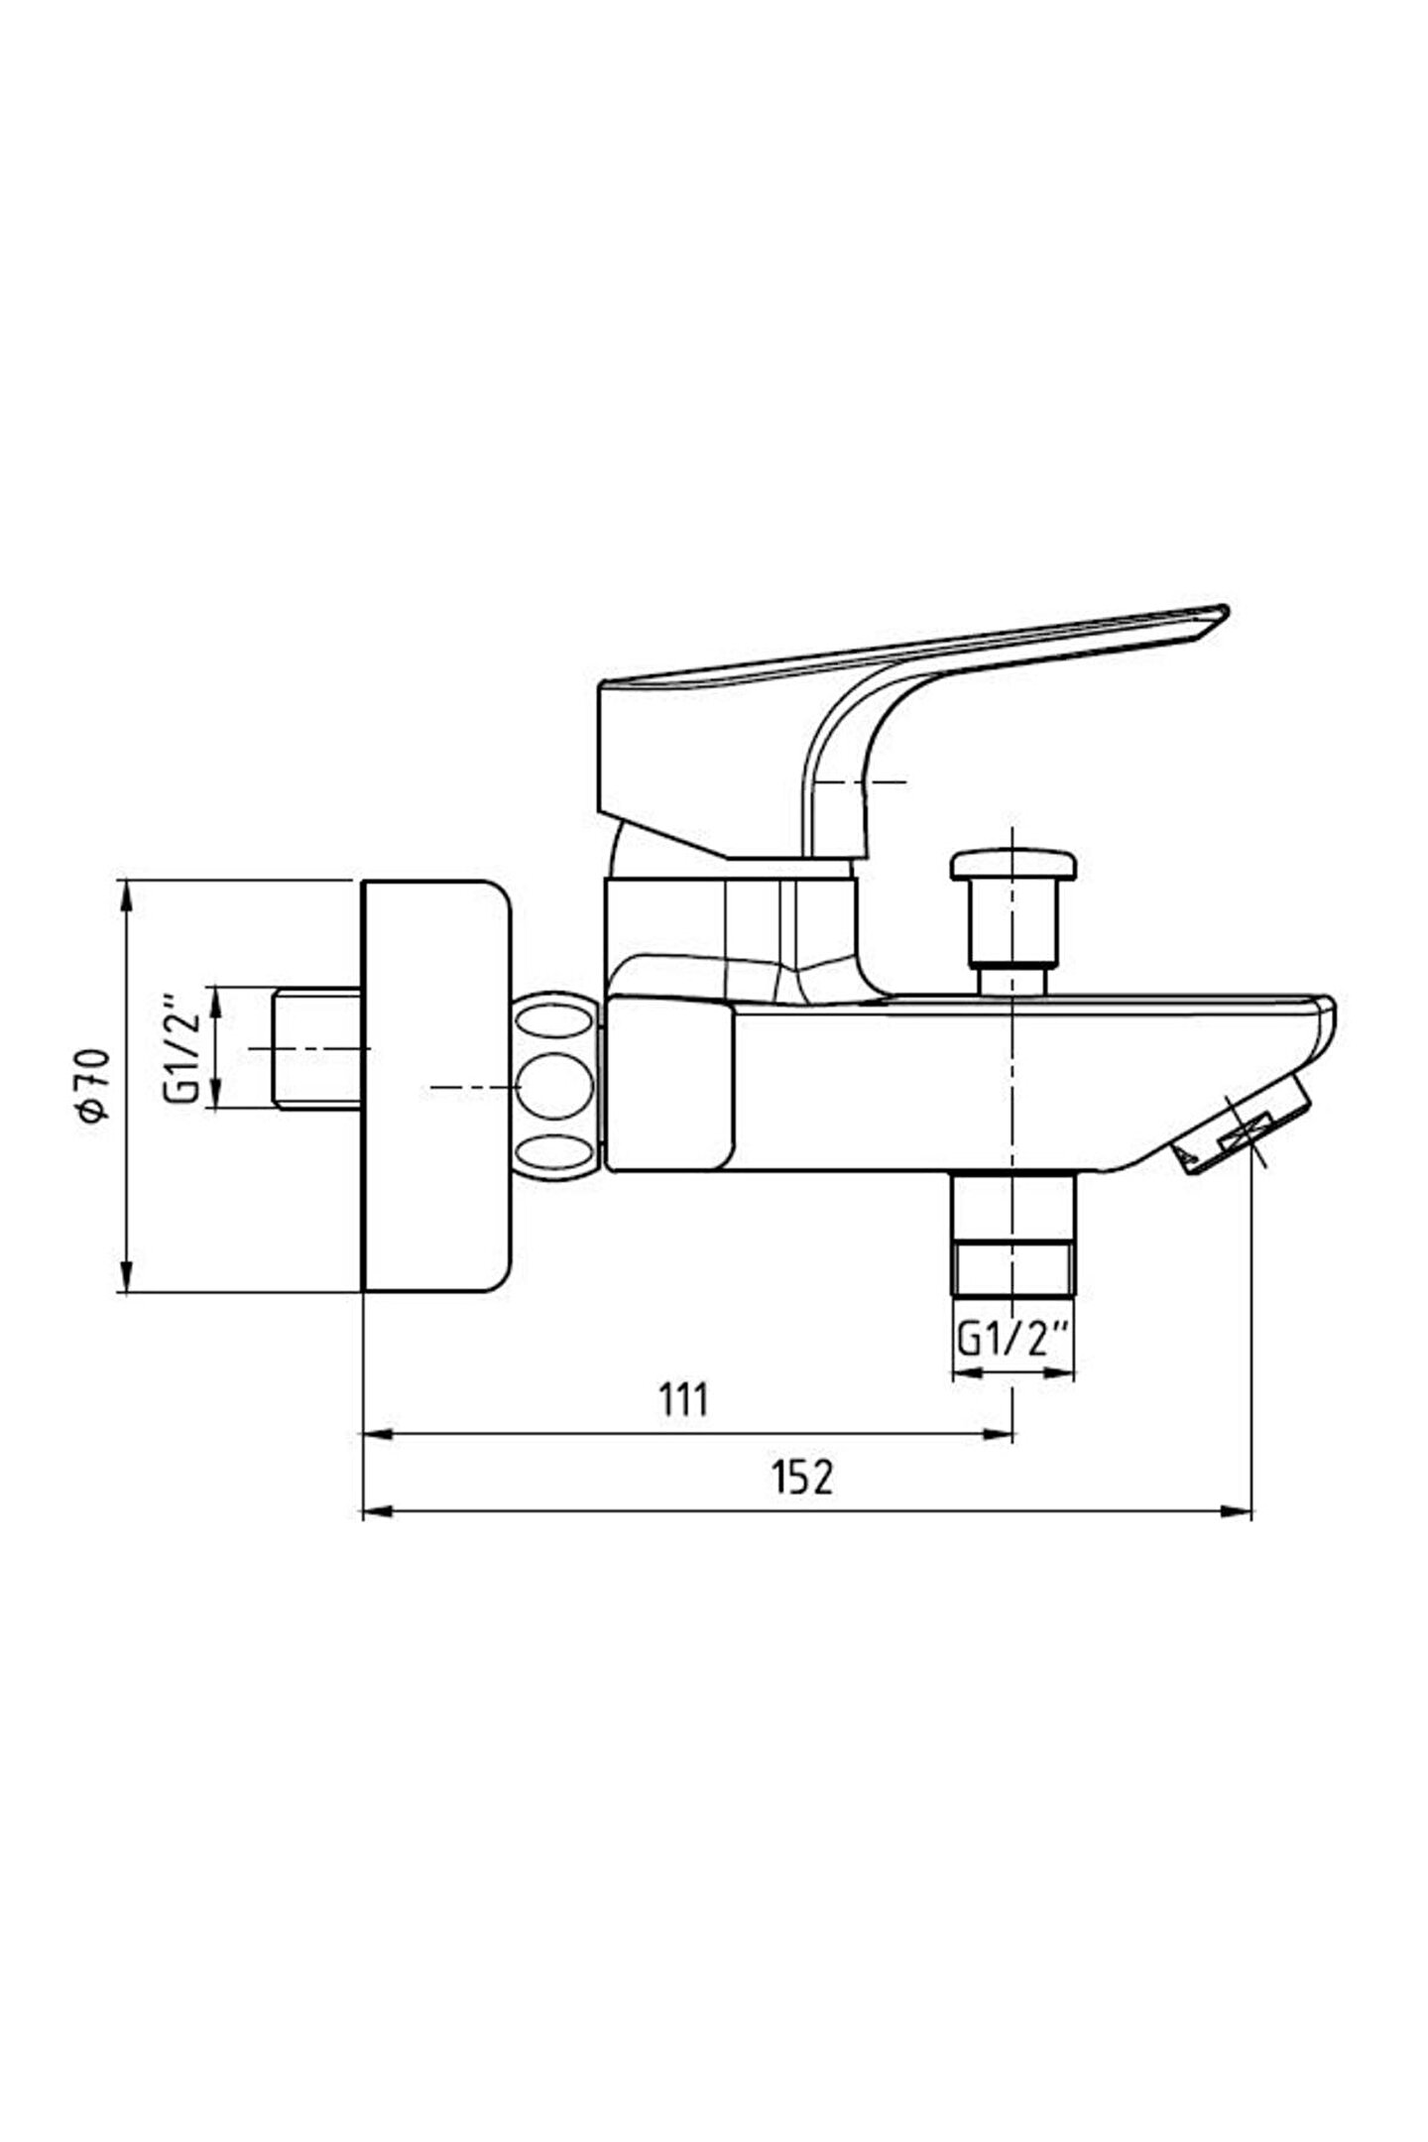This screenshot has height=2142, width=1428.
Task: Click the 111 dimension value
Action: [x=684, y=1399]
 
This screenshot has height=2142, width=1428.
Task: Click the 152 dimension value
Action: [x=803, y=1477]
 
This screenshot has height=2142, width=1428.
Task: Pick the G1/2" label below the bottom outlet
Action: [x=1012, y=1341]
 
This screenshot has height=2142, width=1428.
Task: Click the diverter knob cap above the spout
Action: [x=1011, y=864]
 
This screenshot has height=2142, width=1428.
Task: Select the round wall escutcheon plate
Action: [x=436, y=1086]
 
